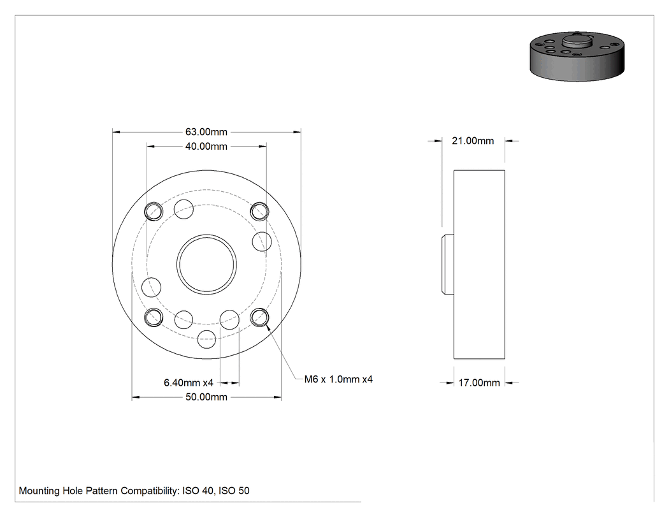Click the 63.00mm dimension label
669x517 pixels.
tap(206, 132)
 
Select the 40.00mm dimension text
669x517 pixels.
tap(206, 147)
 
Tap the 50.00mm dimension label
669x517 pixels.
tap(206, 397)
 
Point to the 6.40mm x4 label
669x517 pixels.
tap(189, 382)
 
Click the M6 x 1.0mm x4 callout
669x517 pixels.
tap(338, 379)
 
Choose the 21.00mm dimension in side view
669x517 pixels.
tap(473, 141)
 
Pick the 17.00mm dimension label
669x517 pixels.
tap(479, 383)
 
